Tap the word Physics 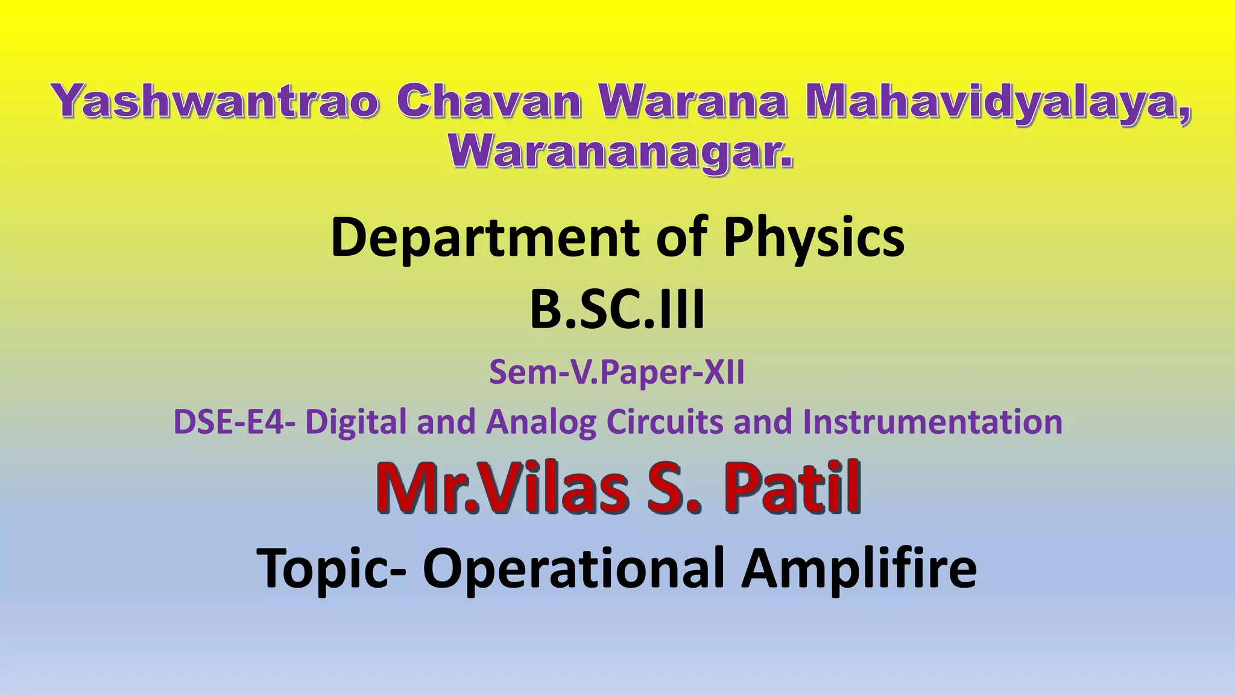click(814, 238)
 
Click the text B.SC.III click(617, 311)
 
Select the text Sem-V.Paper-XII click(617, 372)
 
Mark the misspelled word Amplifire click(859, 568)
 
